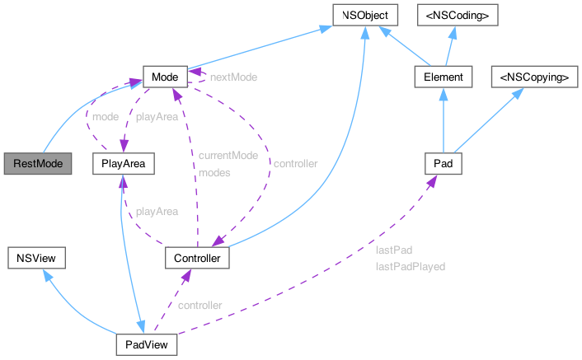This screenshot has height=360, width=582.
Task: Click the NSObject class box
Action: (365, 14)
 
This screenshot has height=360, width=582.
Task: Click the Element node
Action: (443, 77)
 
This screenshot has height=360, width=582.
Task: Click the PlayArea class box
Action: (124, 164)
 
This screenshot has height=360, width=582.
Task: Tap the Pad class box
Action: (443, 164)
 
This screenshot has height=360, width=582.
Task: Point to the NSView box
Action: (36, 258)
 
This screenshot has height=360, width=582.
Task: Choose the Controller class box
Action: (197, 258)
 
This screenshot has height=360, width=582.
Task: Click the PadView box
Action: (145, 344)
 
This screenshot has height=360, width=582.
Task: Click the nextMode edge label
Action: (233, 77)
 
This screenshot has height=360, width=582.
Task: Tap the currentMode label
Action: (228, 155)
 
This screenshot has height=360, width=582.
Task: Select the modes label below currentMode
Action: (214, 173)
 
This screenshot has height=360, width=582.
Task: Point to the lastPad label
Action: (393, 250)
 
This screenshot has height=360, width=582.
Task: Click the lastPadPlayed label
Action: (410, 267)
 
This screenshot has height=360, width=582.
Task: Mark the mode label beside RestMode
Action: (104, 116)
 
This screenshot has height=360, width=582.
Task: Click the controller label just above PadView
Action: (199, 305)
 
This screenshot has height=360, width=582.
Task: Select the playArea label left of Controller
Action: (157, 212)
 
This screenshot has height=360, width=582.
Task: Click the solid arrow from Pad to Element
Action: (443, 124)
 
